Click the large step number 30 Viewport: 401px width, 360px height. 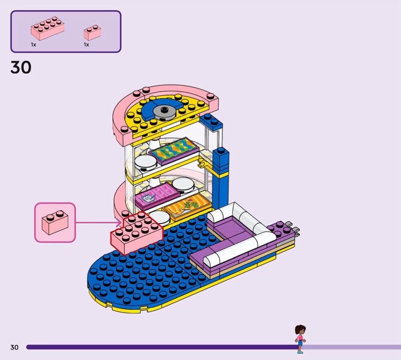[21, 67]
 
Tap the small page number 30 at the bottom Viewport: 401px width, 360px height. [14, 347]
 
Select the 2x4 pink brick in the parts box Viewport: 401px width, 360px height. [47, 29]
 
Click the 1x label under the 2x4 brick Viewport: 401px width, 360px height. [34, 45]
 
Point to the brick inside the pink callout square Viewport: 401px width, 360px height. [54, 223]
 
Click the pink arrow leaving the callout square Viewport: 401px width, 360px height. [100, 222]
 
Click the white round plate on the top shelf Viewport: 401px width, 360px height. [144, 162]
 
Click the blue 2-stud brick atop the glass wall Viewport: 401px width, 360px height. [211, 122]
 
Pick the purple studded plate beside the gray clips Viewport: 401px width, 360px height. [279, 231]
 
